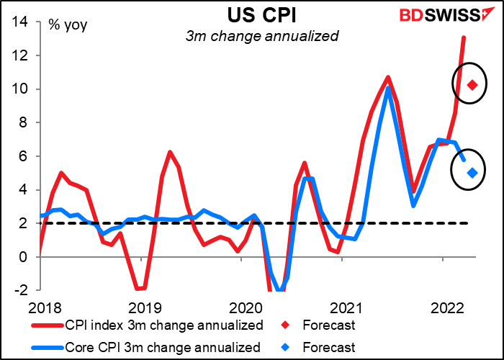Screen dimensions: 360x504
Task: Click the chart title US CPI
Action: (x=252, y=15)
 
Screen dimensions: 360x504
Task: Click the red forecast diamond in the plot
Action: (x=472, y=85)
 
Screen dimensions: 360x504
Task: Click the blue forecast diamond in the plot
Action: (x=472, y=172)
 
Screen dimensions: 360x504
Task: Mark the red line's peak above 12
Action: (x=463, y=37)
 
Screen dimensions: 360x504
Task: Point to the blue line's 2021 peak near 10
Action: (x=388, y=89)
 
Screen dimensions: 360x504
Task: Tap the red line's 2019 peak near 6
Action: (x=169, y=152)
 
